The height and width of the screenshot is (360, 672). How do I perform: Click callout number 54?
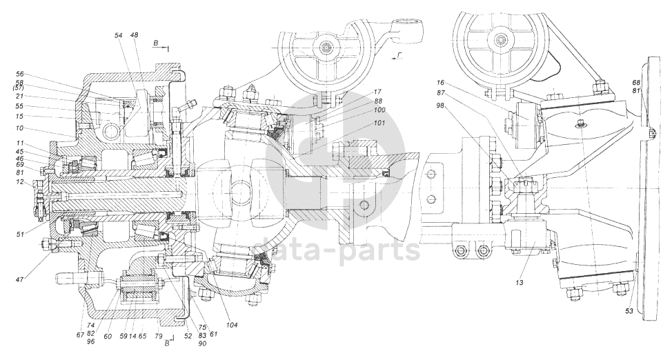coord(119,36)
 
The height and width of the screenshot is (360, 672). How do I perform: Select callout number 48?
coord(134,36)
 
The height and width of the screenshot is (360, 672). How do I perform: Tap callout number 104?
coord(232,325)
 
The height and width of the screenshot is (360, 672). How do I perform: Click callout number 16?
coord(442,82)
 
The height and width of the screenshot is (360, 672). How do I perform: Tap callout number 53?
coord(629,311)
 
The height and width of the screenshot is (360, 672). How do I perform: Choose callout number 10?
coord(21,128)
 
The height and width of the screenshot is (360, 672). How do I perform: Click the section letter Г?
coord(399,54)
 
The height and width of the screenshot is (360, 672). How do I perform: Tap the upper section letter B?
coord(155,43)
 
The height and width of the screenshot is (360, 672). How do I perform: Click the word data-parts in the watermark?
coord(337,251)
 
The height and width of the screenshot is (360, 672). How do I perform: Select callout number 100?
coord(379,110)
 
